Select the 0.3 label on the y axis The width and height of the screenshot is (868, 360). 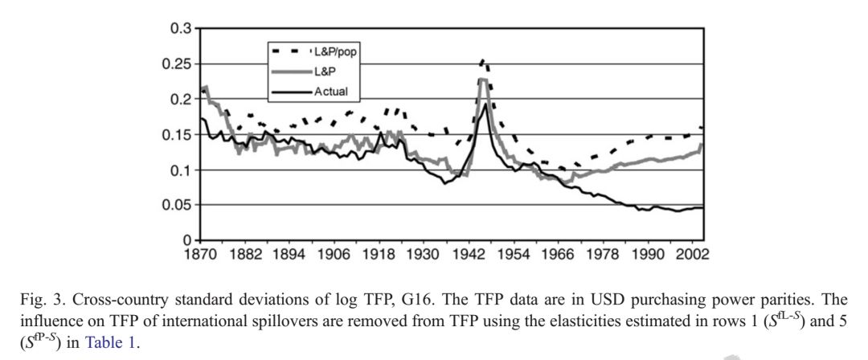pyautogui.click(x=181, y=29)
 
